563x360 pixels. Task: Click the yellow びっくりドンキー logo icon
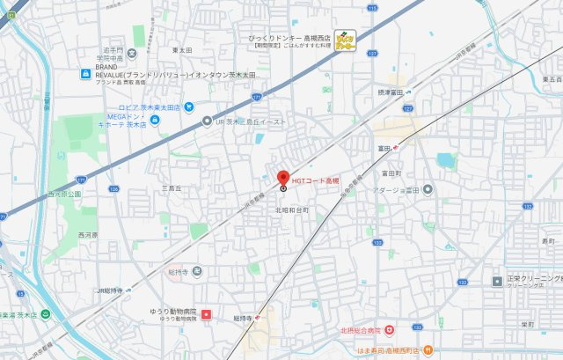click(346, 40)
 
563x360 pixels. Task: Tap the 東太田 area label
click(182, 50)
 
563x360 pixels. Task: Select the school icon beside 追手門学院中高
click(138, 34)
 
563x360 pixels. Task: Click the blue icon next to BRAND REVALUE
click(85, 74)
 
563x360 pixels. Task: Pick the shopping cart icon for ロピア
click(189, 107)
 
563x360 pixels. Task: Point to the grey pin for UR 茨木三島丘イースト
click(207, 121)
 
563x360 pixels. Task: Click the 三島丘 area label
click(171, 188)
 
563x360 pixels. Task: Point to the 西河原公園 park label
click(63, 194)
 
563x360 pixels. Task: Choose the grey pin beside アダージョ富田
click(428, 189)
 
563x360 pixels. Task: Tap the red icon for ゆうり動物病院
click(207, 313)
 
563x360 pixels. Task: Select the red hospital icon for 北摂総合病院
click(388, 330)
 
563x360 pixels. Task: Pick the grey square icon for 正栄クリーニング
click(497, 281)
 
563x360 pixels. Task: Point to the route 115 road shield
click(372, 8)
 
